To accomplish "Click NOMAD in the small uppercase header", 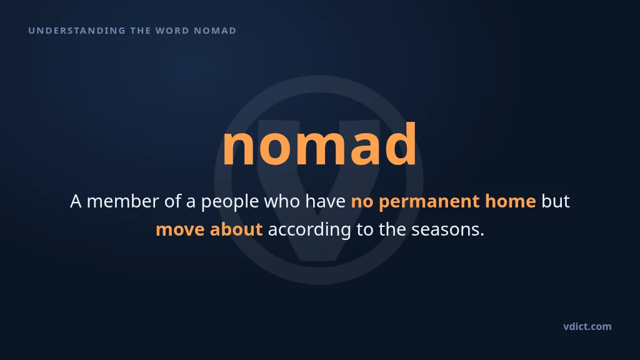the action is [215, 31].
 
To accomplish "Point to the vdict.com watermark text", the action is [587, 326].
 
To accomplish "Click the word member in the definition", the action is [122, 201].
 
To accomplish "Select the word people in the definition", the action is [230, 202].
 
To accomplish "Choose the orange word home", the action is [510, 201].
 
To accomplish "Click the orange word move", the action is [180, 229].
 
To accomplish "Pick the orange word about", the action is [236, 229].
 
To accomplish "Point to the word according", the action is [309, 230].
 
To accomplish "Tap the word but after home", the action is [556, 201].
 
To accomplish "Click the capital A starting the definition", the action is [76, 201].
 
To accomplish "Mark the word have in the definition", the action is [325, 201].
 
